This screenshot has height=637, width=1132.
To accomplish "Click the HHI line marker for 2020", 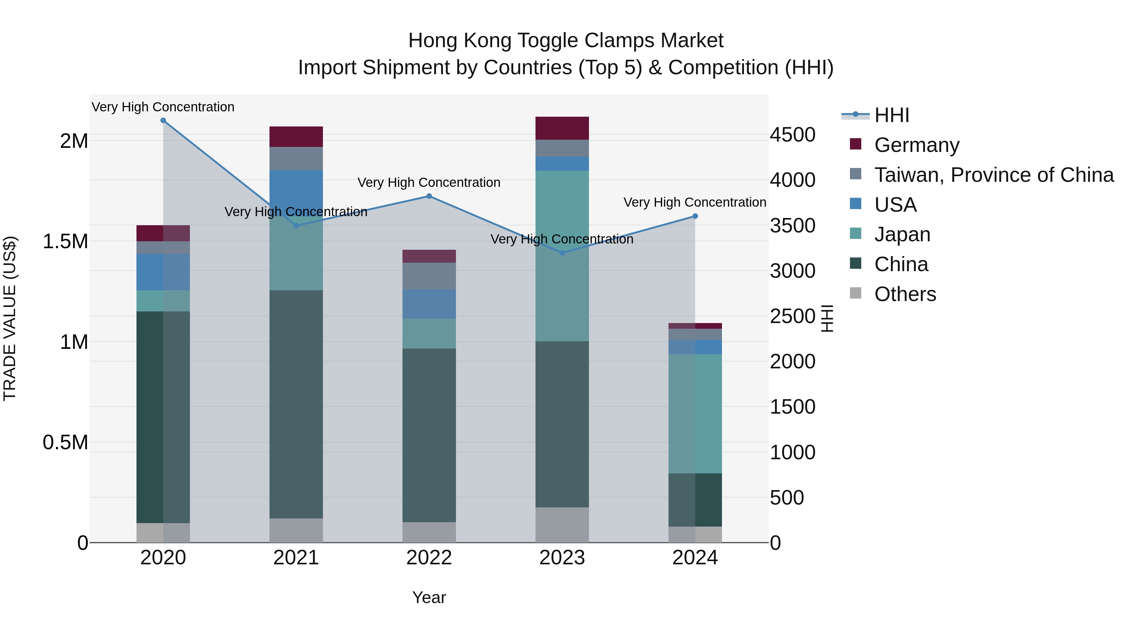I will tap(163, 120).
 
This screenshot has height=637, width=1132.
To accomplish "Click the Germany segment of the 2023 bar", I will tap(562, 128).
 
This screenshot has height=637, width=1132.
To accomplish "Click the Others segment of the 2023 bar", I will tap(562, 525).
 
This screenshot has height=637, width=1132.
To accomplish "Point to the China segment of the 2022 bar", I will tap(429, 435).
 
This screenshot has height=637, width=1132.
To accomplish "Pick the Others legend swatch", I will tap(856, 293).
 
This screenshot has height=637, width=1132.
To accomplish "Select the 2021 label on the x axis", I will tap(296, 558).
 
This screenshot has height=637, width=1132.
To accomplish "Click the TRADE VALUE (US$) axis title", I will tap(10, 318).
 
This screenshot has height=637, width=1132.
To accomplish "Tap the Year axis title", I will tap(429, 597).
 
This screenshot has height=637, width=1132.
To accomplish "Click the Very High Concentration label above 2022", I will tap(429, 182).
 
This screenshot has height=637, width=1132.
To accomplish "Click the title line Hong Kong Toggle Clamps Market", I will tap(566, 41).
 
